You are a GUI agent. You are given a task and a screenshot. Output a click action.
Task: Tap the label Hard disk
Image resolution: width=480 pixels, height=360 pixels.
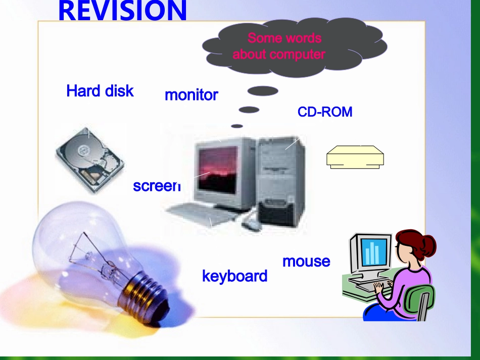pyautogui.click(x=100, y=91)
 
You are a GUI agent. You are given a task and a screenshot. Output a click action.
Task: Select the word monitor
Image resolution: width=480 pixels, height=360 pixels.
pyautogui.click(x=191, y=95)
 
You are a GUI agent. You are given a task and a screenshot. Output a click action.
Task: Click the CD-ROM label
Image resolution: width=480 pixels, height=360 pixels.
pyautogui.click(x=324, y=112)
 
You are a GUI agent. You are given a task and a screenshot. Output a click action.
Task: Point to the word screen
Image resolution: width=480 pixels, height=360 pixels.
pyautogui.click(x=156, y=186)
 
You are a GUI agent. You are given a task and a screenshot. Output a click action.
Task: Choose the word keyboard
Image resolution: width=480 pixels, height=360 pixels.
pyautogui.click(x=234, y=276)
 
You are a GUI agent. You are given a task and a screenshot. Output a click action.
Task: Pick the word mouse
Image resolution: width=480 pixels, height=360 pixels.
pyautogui.click(x=306, y=261)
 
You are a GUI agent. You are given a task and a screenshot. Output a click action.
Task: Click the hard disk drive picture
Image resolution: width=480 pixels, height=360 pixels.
pyautogui.click(x=90, y=158)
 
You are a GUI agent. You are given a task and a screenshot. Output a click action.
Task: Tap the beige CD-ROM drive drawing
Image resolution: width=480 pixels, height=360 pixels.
pyautogui.click(x=355, y=157)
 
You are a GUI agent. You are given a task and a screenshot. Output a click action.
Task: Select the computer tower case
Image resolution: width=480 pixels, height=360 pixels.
pyautogui.click(x=281, y=179)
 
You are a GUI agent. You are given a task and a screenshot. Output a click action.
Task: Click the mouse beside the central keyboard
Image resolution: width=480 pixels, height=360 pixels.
pyautogui.click(x=251, y=225)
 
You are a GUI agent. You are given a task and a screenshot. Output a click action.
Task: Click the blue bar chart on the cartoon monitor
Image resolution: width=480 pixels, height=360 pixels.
pyautogui.click(x=373, y=251)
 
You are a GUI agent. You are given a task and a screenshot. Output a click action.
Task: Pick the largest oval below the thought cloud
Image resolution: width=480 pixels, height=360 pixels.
pyautogui.click(x=263, y=91)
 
